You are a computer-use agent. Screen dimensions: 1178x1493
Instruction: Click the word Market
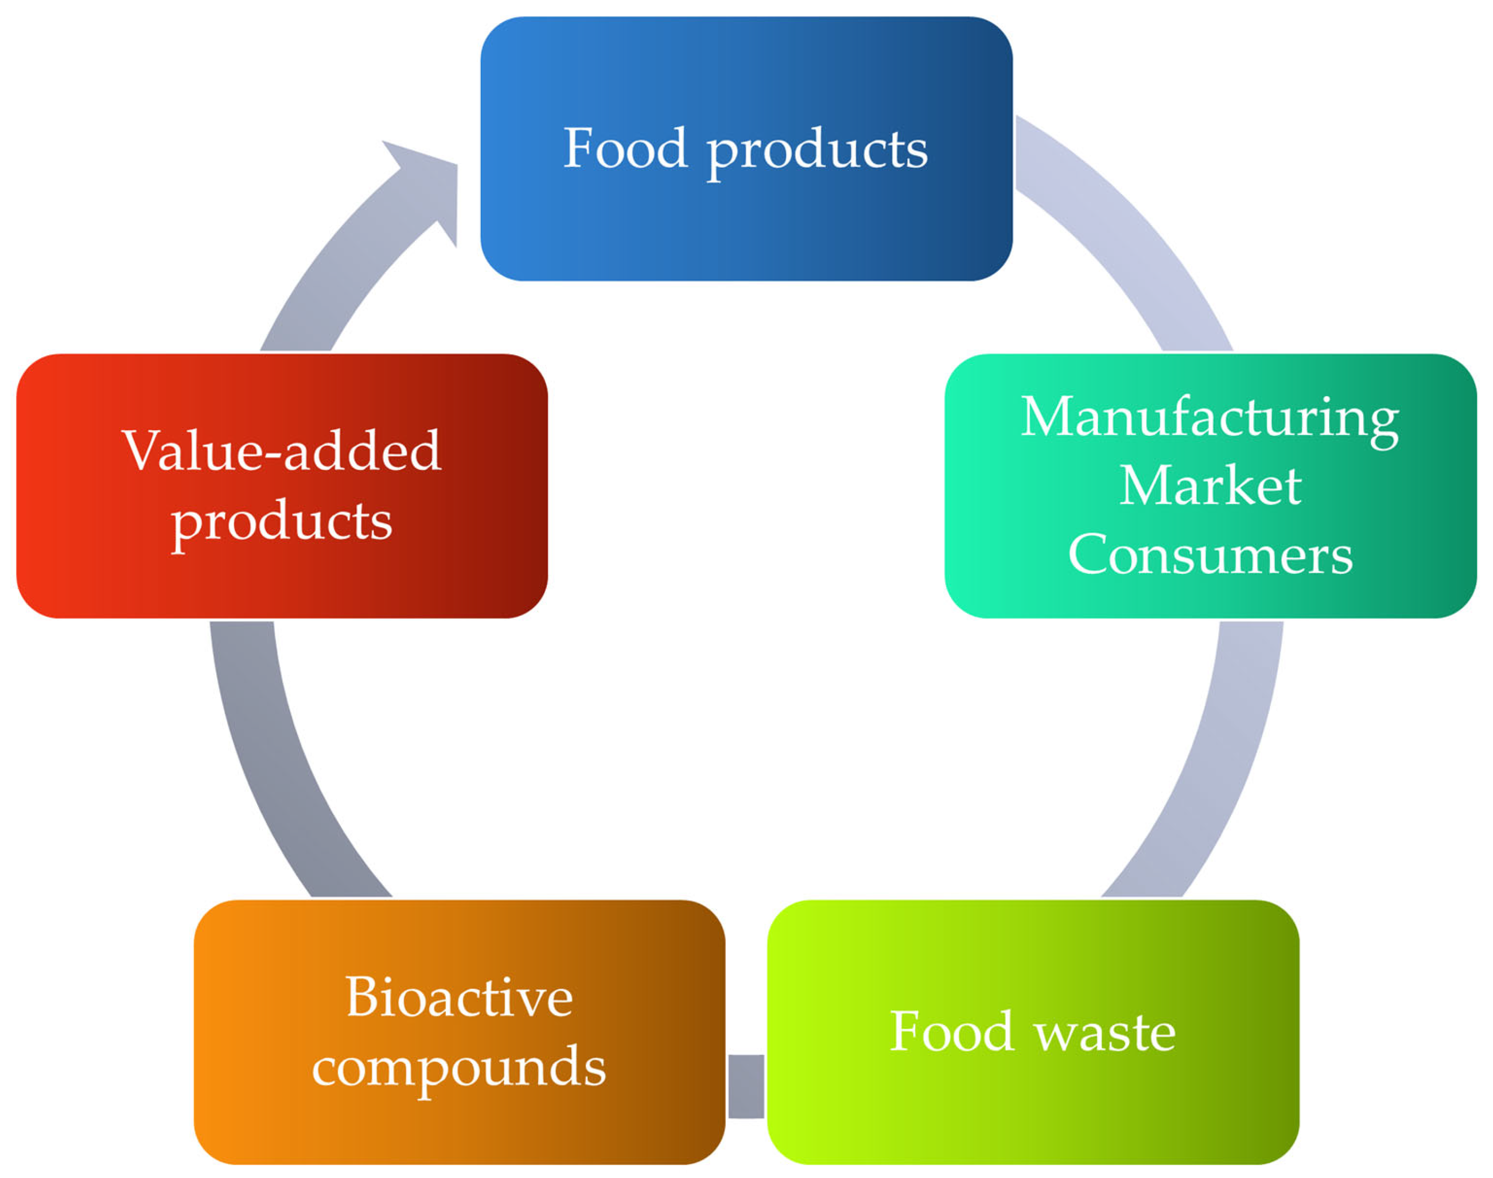tap(1211, 486)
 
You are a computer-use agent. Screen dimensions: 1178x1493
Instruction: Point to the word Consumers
tap(1211, 555)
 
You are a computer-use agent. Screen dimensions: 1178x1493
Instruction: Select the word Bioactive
tap(459, 997)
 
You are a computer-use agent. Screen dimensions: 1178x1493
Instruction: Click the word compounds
tap(459, 1067)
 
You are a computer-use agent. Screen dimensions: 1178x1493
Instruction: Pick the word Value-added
tap(281, 451)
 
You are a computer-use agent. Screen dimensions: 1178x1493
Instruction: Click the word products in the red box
tap(281, 522)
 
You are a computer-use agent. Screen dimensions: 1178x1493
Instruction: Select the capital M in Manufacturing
tap(1048, 417)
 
